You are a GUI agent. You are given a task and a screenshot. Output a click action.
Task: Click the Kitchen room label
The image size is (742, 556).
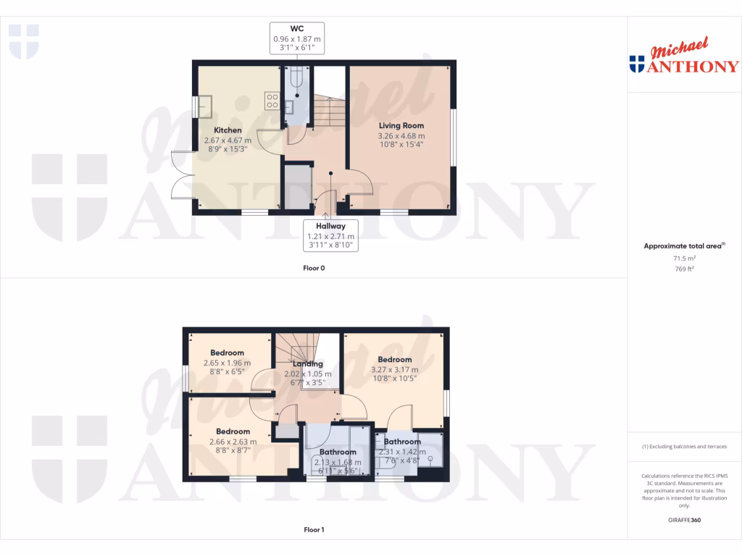coord(228,130)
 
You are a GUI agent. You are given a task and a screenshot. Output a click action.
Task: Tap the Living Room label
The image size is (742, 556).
coord(401,125)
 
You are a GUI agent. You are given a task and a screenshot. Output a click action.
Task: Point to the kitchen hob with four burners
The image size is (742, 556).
coord(272,100)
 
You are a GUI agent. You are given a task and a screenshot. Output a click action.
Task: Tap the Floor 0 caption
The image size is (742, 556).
coord(314,268)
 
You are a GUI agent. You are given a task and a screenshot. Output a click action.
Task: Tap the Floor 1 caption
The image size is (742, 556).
coord(314,530)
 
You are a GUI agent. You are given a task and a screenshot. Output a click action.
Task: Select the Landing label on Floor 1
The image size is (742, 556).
coord(308,364)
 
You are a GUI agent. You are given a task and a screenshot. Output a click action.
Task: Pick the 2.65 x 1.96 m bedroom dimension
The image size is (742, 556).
coord(227,363)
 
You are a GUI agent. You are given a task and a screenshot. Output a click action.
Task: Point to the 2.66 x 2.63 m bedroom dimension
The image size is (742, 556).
coord(227,442)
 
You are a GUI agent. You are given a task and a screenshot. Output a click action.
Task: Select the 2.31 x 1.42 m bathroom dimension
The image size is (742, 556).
coord(402,452)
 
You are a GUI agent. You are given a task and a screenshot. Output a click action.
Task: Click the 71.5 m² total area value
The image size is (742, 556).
coord(684,258)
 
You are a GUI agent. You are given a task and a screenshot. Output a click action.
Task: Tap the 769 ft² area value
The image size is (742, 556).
coord(684,269)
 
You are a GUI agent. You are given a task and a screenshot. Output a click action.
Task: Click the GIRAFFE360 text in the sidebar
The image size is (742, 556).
coord(684,520)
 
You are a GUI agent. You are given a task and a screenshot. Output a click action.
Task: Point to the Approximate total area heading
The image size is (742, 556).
coord(684,246)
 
